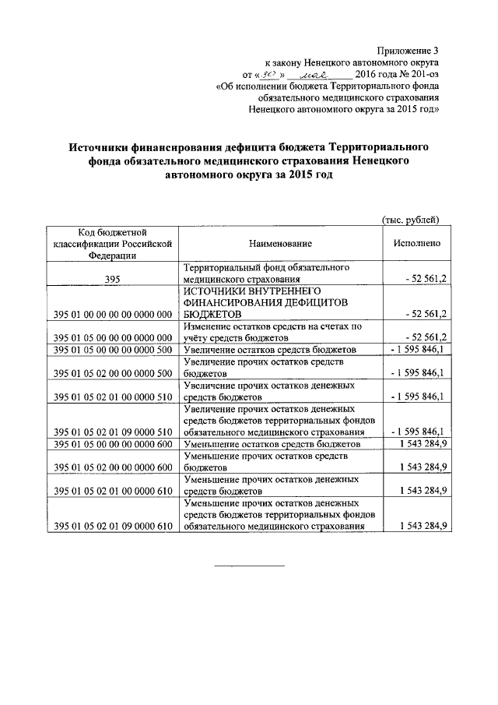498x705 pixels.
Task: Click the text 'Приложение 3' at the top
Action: click(x=410, y=49)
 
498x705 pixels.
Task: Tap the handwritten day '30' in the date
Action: click(x=271, y=74)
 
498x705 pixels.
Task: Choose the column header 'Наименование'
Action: click(x=281, y=243)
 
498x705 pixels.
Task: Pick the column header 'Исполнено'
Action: click(x=417, y=243)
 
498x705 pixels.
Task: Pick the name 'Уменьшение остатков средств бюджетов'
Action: click(x=272, y=444)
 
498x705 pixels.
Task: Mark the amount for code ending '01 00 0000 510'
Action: click(x=417, y=397)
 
